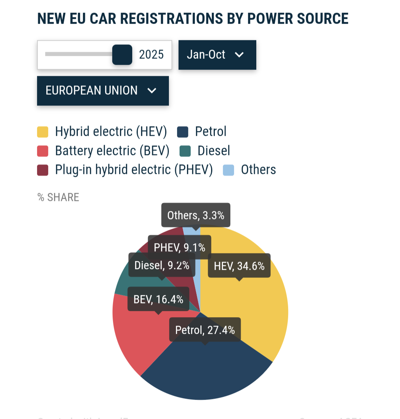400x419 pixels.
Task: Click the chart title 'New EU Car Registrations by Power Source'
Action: tap(193, 19)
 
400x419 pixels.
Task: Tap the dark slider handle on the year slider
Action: tap(122, 55)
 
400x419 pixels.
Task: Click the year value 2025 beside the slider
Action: tap(151, 55)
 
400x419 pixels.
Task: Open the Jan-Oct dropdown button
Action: tap(217, 55)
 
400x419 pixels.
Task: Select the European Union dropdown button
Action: tap(103, 91)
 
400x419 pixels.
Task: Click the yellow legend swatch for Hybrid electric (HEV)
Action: tap(43, 132)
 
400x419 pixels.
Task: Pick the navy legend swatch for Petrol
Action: tap(183, 132)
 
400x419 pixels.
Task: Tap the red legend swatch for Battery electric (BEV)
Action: tap(43, 151)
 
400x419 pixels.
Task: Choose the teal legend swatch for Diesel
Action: tap(185, 151)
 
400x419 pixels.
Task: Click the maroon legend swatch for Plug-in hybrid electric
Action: tap(43, 170)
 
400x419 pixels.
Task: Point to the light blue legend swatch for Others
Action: tap(229, 170)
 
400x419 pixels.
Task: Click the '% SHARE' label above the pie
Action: tap(59, 197)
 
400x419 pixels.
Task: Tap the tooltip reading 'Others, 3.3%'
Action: tap(196, 215)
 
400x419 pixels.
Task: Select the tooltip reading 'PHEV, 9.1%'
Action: tap(179, 247)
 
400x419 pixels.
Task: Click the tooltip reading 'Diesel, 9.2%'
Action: tap(162, 265)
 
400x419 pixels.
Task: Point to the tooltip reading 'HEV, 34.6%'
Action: tap(239, 266)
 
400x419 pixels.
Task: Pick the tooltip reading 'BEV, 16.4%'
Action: tap(158, 299)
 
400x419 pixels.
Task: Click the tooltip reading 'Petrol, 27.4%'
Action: tap(205, 329)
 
